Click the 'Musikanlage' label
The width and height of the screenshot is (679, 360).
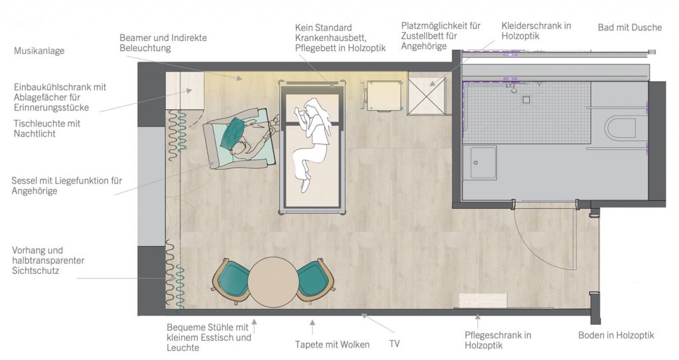(x=39, y=50)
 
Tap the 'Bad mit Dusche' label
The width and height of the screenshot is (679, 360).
(x=630, y=27)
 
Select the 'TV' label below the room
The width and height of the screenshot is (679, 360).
(x=394, y=343)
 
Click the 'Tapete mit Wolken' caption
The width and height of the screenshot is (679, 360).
(x=332, y=344)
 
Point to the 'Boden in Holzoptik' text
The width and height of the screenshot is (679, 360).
(x=616, y=335)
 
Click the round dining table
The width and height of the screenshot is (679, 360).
(x=273, y=282)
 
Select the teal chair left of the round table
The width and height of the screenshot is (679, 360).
(x=230, y=281)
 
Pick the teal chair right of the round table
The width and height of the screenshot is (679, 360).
(x=316, y=281)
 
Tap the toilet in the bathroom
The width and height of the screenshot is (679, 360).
(x=620, y=129)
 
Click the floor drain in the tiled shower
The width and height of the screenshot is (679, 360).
(x=526, y=100)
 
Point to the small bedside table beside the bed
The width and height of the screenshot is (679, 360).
(x=383, y=95)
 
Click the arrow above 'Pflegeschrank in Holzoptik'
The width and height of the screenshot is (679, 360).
(x=477, y=321)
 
